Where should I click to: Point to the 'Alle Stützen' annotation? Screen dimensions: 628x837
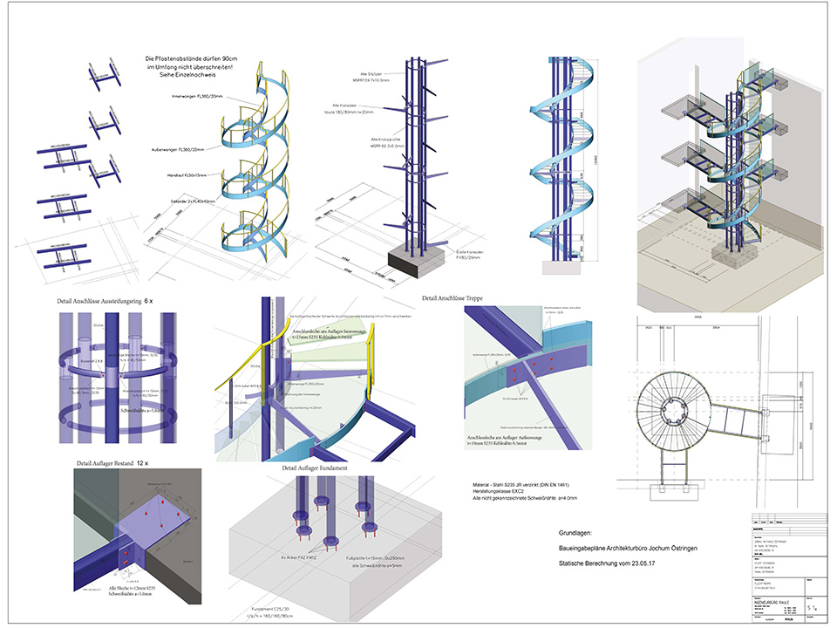pyautogui.click(x=360, y=75)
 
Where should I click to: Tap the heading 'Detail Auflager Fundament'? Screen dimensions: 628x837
pyautogui.click(x=315, y=468)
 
